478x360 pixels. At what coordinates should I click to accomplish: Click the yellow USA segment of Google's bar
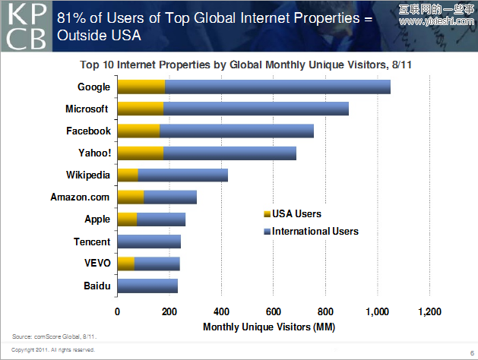coord(141,87)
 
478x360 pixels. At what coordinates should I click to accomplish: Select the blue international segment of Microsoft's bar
coord(255,109)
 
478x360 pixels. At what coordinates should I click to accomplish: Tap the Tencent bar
coord(150,242)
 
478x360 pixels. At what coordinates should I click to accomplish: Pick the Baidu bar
coord(148,286)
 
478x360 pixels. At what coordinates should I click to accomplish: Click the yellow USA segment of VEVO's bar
coord(126,264)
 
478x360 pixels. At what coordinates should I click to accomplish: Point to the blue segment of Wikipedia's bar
coord(182,175)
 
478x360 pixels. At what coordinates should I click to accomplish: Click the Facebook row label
coord(88,131)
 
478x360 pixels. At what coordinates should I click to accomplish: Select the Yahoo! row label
coord(94,153)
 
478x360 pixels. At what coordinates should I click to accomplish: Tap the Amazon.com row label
coord(81,197)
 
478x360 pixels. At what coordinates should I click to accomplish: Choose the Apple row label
coord(97,219)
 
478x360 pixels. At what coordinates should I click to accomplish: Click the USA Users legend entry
coord(296,214)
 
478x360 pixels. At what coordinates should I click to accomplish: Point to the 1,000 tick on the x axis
coord(377,311)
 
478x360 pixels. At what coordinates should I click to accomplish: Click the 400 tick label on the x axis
coord(221,311)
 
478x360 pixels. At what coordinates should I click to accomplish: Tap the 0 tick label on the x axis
coord(118,311)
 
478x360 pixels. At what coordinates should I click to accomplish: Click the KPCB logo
coord(27,26)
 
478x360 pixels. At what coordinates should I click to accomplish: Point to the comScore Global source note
coord(55,335)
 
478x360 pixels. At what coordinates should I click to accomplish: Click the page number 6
coord(472,353)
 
